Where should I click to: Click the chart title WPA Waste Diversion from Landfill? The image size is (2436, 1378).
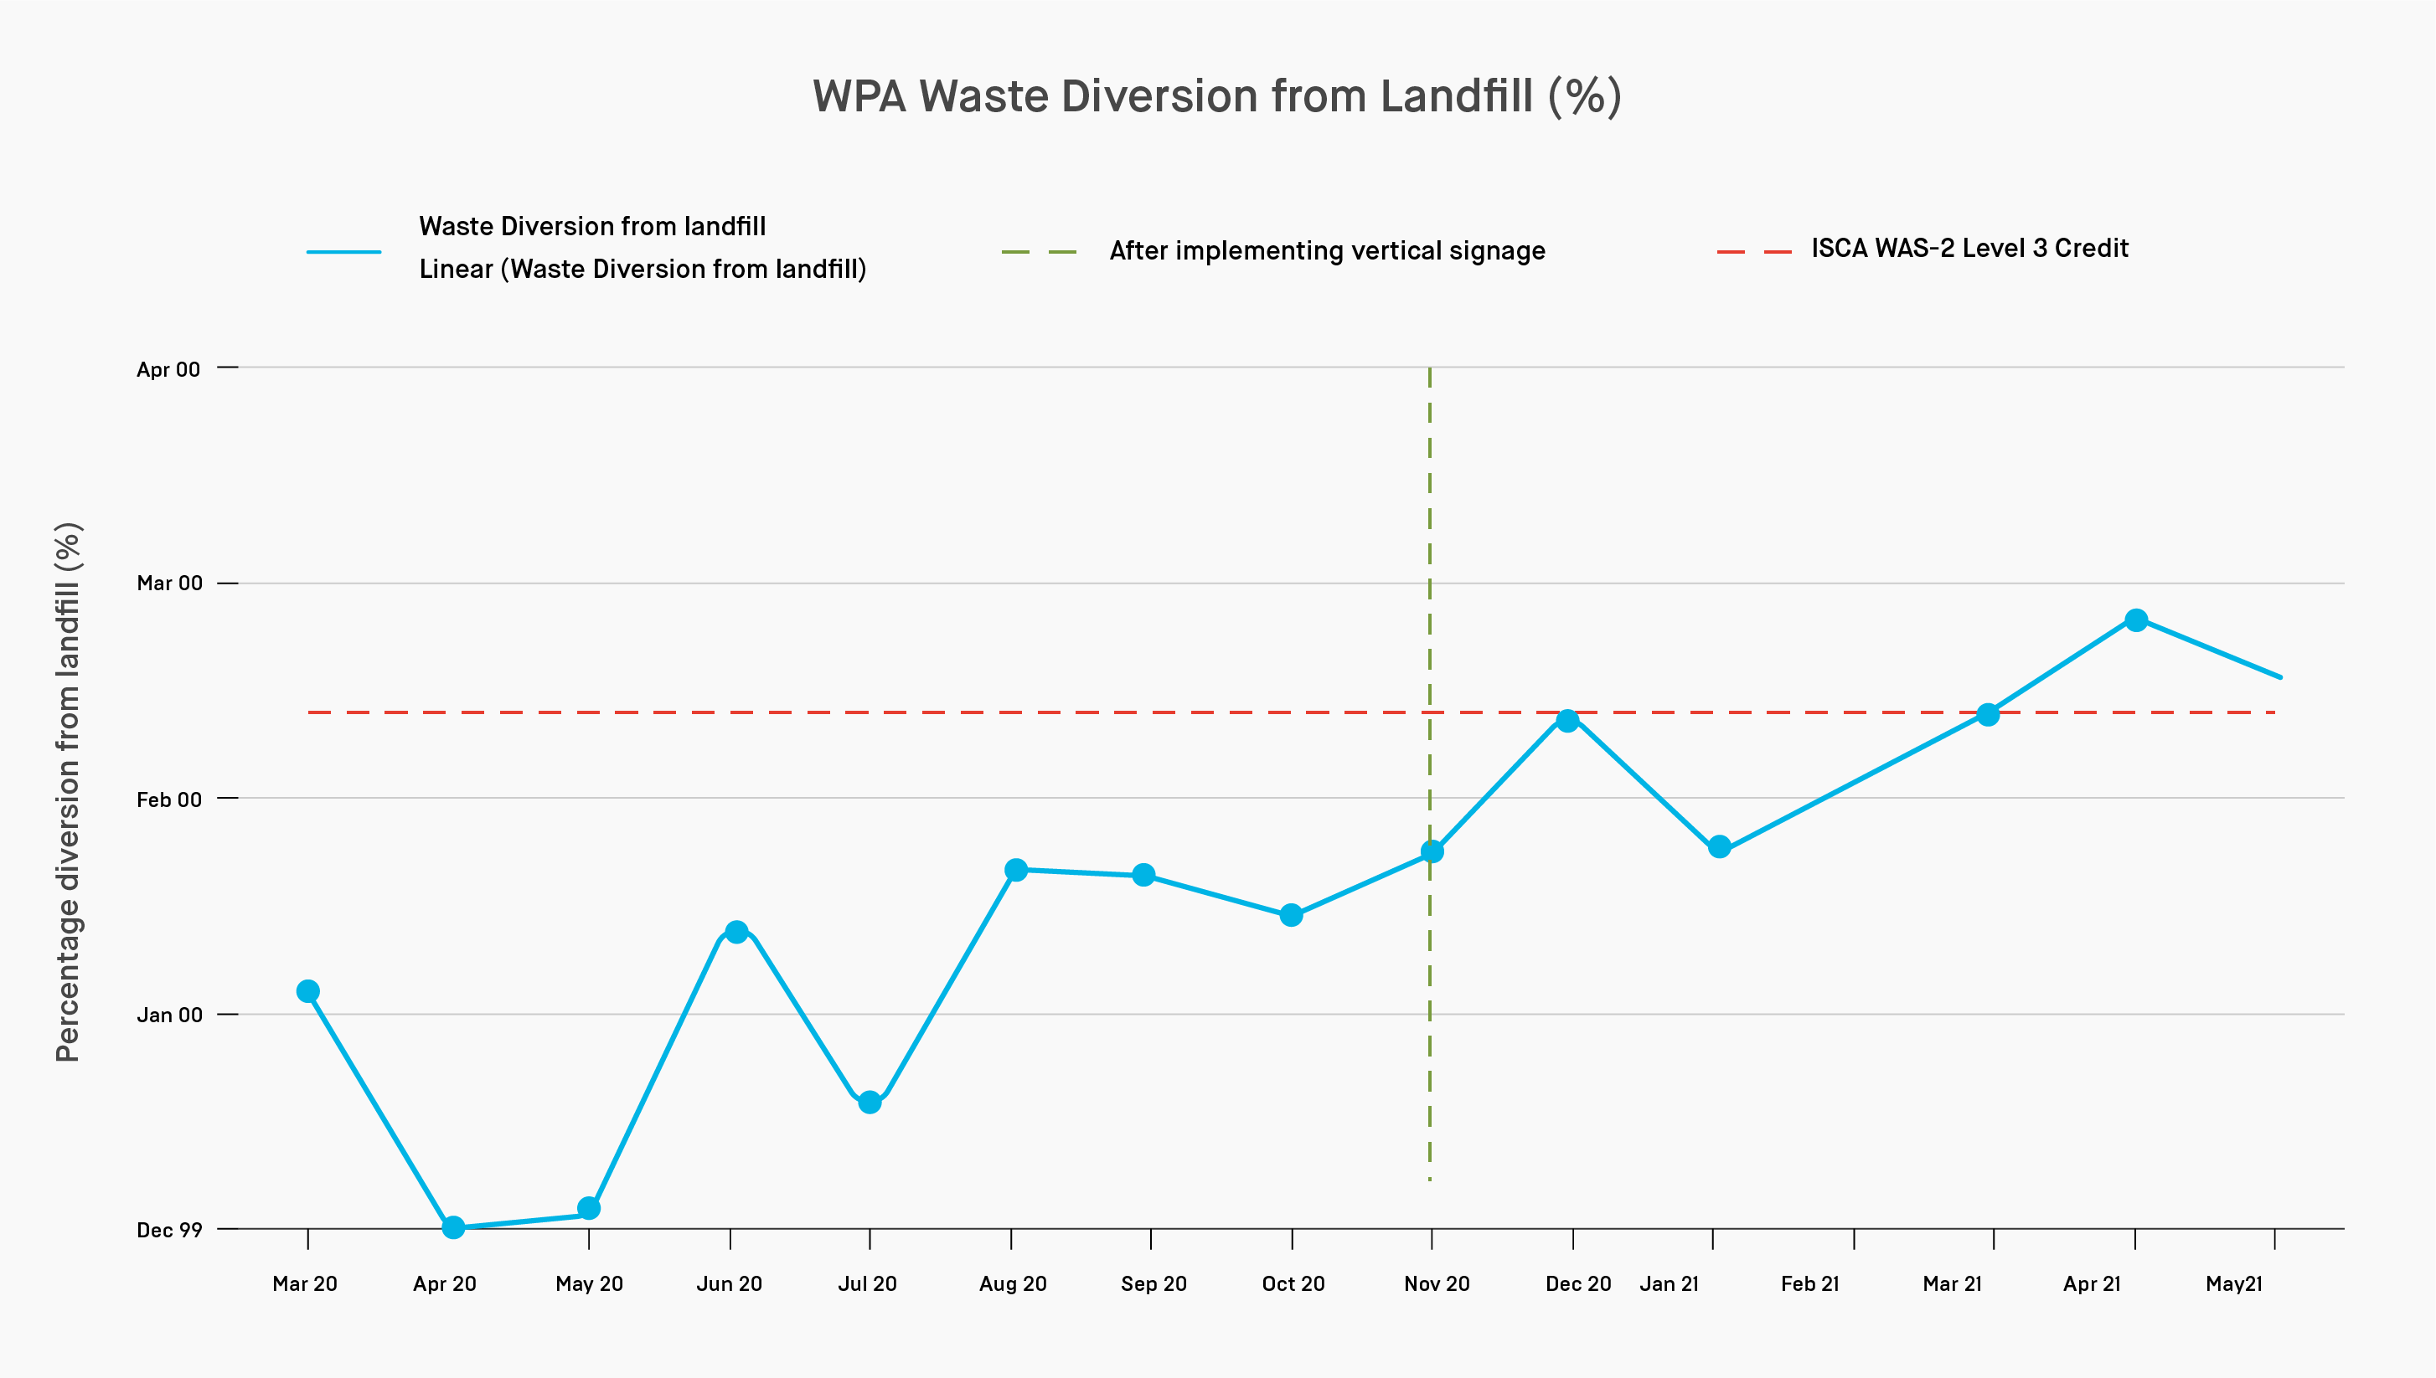pos(1216,96)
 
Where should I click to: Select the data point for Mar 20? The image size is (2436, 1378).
pos(307,991)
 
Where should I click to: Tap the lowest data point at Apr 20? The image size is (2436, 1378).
pos(453,1227)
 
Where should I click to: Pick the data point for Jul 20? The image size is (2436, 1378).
pos(870,1103)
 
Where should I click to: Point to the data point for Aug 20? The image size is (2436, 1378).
pos(1016,870)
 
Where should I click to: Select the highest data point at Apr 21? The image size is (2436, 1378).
pos(2136,620)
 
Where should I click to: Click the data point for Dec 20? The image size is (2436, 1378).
pos(1568,720)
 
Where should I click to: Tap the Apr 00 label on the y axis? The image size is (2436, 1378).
pos(168,369)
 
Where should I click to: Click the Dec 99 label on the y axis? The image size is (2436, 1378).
pos(169,1230)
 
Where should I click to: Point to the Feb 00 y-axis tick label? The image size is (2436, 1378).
pos(169,800)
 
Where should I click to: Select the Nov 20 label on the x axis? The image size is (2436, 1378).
pos(1437,1283)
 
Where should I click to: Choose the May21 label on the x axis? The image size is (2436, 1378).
pos(2233,1283)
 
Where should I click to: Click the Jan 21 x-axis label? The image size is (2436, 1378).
pos(1670,1283)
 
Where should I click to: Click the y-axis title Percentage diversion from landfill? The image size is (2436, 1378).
pos(68,791)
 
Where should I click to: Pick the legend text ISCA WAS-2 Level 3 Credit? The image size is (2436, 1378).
pos(1969,248)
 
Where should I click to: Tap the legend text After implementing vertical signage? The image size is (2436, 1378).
pos(1326,251)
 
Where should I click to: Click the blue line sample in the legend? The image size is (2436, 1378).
pos(343,252)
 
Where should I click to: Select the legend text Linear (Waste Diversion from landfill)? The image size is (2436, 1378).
pos(642,270)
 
